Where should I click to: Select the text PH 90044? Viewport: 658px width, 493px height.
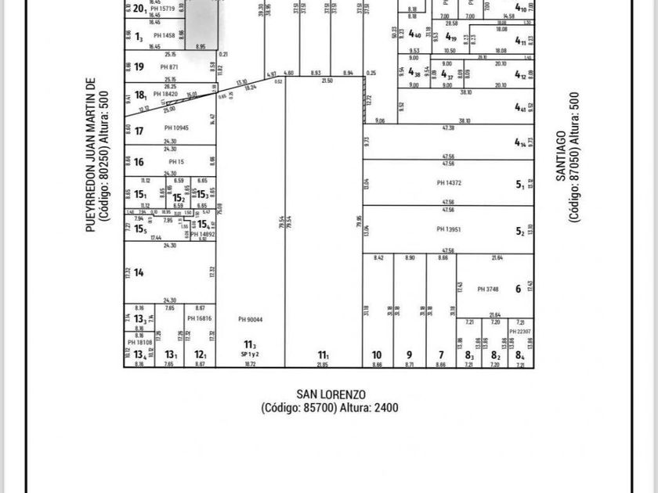[x=250, y=318]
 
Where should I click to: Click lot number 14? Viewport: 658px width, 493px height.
[x=139, y=272]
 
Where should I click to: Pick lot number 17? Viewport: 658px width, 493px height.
[x=139, y=131]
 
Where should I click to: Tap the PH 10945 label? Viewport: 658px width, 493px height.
[x=177, y=128]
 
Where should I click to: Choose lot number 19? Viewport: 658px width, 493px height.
[x=139, y=67]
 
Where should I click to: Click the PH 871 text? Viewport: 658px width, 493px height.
[x=170, y=67]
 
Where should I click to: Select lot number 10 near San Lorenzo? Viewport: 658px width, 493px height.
[x=376, y=355]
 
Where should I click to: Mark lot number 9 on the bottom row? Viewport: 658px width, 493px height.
[x=409, y=355]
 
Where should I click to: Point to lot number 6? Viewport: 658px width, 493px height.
[x=519, y=288]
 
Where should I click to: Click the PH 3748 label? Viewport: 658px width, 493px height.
[x=489, y=289]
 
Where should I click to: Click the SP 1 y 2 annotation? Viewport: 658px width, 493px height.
[x=250, y=354]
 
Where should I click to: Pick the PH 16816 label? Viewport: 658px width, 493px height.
[x=200, y=318]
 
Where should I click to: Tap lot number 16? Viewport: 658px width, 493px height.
[x=139, y=162]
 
